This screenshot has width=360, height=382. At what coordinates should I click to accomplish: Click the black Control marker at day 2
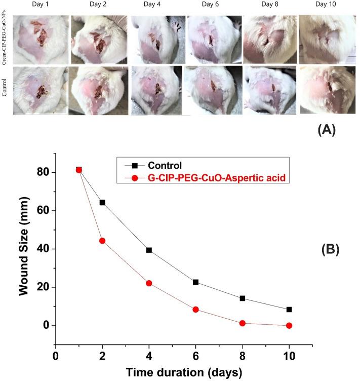click(102, 202)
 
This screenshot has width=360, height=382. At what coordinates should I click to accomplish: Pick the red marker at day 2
click(102, 241)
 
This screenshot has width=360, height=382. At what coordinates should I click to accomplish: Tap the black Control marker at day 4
click(149, 250)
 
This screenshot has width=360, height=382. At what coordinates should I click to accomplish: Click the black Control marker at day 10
click(289, 309)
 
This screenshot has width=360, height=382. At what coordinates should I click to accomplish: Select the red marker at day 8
click(243, 323)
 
